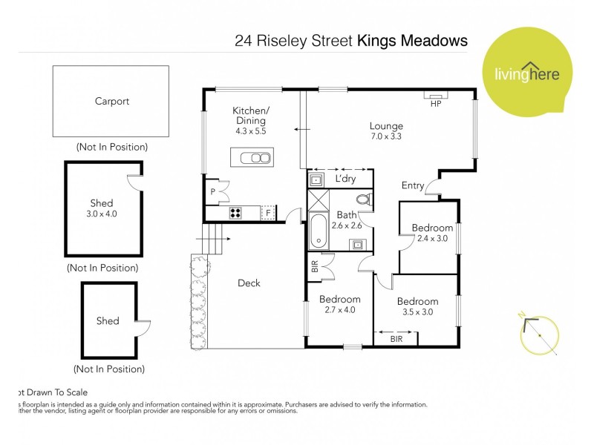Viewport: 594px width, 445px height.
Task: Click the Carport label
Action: pos(111,102)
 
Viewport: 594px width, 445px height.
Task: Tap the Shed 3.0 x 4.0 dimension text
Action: pos(102,214)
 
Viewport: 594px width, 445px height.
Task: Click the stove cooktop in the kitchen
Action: pos(235,214)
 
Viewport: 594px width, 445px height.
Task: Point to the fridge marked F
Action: pos(267,213)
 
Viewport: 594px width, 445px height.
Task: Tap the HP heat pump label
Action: pos(436,104)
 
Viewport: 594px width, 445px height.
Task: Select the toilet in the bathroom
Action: pos(363,200)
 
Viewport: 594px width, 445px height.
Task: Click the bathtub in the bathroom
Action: pos(318,231)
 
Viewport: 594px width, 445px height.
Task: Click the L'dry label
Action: pos(345,179)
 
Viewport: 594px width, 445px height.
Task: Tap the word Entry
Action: pos(413,185)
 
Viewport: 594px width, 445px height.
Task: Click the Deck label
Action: pos(249,283)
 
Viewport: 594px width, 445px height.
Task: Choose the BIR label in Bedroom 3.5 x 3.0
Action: pos(397,338)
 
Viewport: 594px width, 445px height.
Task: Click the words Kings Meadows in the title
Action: pos(412,41)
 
